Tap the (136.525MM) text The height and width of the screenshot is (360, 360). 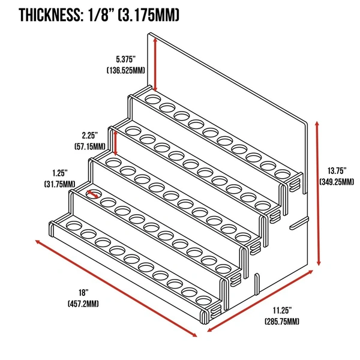click(127, 70)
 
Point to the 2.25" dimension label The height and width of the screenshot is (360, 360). click(92, 135)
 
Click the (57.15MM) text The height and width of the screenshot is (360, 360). click(91, 146)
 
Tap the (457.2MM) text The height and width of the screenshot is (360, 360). click(83, 304)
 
